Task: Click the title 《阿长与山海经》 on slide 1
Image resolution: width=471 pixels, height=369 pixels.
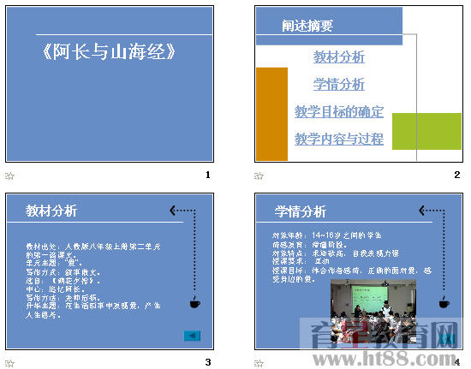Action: [x=110, y=52]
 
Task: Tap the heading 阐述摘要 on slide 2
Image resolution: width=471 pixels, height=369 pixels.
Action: [x=307, y=27]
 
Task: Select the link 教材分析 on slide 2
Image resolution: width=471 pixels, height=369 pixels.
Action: [x=339, y=57]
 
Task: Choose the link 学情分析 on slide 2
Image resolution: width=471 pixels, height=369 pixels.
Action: [x=339, y=85]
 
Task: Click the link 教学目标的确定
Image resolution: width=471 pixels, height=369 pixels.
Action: [x=339, y=112]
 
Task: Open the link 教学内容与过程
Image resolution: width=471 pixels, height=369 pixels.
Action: [x=339, y=139]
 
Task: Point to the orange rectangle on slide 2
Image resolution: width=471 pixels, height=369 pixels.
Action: [x=272, y=114]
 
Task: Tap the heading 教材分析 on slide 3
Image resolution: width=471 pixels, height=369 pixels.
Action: [x=51, y=211]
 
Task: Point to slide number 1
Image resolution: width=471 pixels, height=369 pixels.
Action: [x=208, y=175]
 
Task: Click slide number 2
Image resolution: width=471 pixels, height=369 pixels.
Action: [x=457, y=175]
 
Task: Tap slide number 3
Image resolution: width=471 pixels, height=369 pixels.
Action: [x=208, y=362]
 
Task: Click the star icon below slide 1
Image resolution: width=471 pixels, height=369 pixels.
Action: [x=10, y=176]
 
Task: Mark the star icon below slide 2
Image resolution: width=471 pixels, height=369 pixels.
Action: [x=259, y=176]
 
